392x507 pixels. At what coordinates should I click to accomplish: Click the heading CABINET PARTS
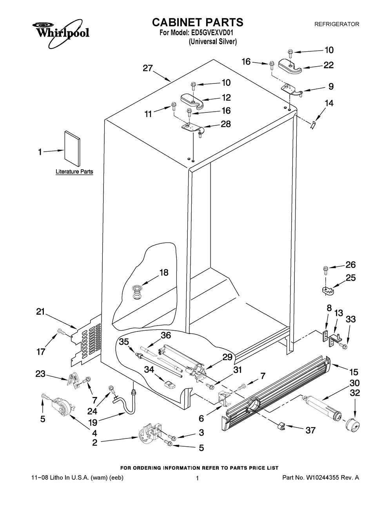click(x=198, y=22)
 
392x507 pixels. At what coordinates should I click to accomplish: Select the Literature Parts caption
click(x=74, y=172)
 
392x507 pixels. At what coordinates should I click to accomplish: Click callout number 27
click(x=147, y=68)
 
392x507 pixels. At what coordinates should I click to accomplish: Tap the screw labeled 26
click(x=325, y=269)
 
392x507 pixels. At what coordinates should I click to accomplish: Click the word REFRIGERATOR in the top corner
click(x=337, y=24)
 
